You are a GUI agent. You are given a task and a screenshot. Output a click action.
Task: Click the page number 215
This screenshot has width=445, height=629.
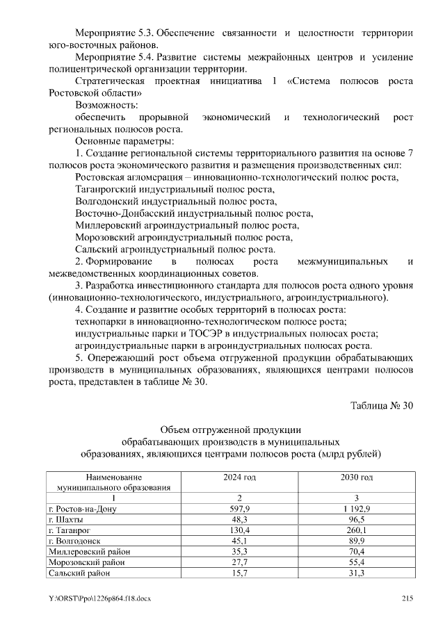[407, 599]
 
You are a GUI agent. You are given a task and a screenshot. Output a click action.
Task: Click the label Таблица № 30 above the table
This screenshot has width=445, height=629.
[382, 407]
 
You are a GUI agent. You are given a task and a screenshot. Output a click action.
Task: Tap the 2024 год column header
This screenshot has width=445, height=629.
[239, 477]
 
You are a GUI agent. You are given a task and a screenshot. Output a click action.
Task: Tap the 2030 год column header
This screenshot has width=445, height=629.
[356, 477]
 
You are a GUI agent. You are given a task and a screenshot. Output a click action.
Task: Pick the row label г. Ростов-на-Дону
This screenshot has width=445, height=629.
[82, 509]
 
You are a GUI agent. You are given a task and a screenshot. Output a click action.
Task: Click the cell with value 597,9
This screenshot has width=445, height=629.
[239, 509]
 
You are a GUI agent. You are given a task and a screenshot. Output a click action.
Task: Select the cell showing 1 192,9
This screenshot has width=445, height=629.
[356, 509]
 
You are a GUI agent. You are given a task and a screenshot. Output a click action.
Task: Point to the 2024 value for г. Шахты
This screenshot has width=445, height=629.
[239, 520]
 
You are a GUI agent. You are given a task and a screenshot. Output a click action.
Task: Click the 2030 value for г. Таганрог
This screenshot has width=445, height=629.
[356, 530]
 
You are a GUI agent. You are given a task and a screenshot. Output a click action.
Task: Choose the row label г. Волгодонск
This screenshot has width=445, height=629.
[75, 541]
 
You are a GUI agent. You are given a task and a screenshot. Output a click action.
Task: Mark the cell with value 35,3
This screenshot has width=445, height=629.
[239, 552]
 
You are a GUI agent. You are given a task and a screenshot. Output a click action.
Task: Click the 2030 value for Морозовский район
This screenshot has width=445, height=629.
[356, 562]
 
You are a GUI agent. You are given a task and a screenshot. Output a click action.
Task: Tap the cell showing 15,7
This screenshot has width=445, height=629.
[239, 573]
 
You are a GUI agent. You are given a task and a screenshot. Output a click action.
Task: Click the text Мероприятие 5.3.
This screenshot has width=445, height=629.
[114, 33]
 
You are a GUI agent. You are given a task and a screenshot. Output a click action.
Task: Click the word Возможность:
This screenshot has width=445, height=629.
[106, 105]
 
